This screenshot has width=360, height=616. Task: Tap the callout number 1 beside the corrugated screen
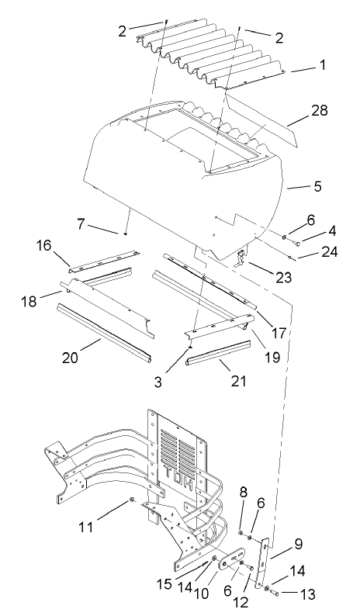[322, 67]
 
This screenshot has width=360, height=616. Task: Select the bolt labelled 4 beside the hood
[298, 235]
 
